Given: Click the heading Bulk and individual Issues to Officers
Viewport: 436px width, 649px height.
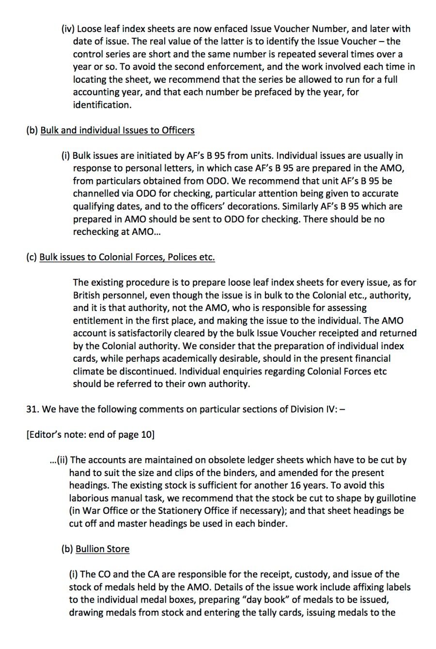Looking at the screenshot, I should pos(117,130).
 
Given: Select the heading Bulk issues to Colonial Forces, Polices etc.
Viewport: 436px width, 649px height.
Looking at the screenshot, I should pos(127,257).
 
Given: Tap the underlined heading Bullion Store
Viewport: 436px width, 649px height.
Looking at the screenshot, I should pos(103,549).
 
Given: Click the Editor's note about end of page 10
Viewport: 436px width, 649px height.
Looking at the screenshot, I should pos(90,434).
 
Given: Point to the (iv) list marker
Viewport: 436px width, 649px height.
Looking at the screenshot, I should pos(68,29).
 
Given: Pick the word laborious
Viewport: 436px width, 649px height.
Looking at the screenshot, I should pos(92,498).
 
